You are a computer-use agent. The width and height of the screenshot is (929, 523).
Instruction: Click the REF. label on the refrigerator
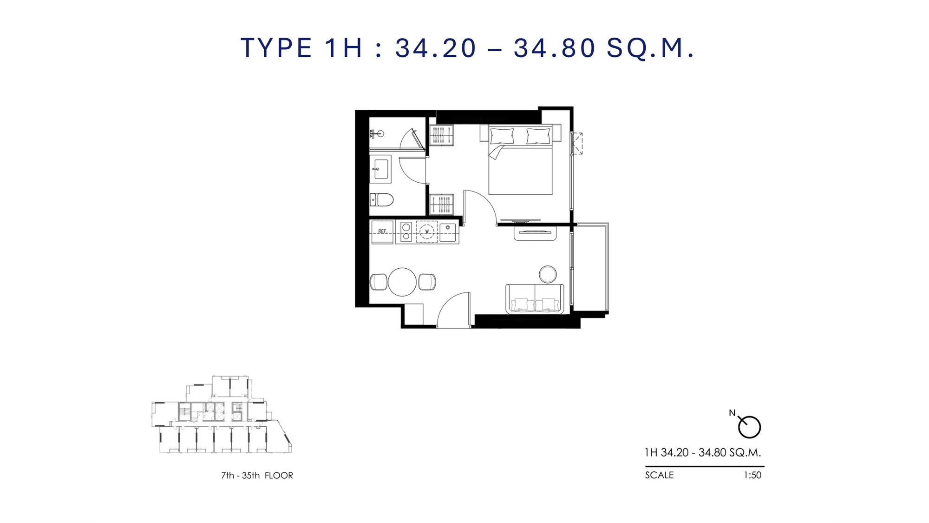(382, 231)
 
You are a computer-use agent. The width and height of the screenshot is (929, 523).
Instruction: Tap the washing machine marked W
(427, 232)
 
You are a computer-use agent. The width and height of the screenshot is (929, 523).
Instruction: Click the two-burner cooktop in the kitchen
(406, 232)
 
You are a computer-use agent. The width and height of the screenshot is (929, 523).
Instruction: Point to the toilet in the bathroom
(381, 200)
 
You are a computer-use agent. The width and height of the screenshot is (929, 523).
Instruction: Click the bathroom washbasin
(381, 169)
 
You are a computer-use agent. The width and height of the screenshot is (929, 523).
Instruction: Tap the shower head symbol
(377, 134)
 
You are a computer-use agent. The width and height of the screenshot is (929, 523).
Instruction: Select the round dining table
(402, 282)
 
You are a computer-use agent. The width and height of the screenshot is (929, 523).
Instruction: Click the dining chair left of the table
(379, 282)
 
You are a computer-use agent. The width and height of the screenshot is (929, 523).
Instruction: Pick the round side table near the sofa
(548, 274)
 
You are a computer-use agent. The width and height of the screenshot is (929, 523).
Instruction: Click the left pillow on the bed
(502, 136)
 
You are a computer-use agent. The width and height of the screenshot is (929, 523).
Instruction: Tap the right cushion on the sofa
(547, 305)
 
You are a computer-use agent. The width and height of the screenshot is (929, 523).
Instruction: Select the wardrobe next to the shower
(441, 135)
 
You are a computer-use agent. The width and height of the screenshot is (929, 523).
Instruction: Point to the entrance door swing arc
(447, 303)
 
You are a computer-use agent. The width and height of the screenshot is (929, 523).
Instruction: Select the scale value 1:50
(752, 475)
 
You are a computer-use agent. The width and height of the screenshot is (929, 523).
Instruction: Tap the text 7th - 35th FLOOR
(257, 476)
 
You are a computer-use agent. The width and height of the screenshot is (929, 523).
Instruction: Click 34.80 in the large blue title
(555, 48)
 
